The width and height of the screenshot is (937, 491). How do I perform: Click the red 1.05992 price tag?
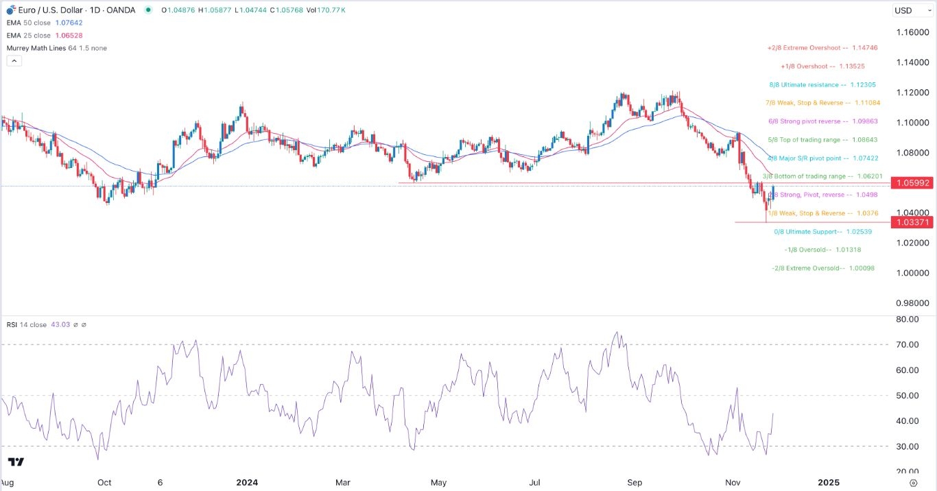pyautogui.click(x=910, y=183)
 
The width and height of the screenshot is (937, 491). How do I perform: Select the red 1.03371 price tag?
pyautogui.click(x=910, y=222)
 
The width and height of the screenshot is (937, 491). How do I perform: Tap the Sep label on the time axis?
pyautogui.click(x=635, y=483)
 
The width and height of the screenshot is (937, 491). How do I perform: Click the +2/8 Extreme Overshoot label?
pyautogui.click(x=822, y=48)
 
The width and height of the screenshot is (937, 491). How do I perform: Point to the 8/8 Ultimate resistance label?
pyautogui.click(x=822, y=85)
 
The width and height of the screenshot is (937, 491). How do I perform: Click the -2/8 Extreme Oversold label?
pyautogui.click(x=822, y=268)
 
